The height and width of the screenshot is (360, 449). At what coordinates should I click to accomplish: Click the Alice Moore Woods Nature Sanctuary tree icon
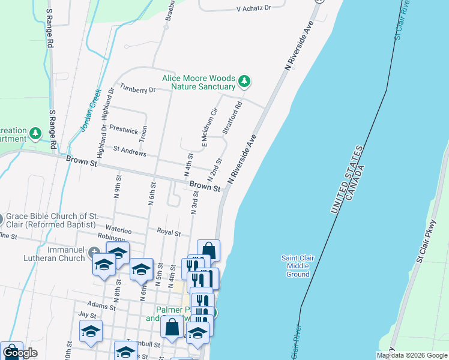coord(244,80)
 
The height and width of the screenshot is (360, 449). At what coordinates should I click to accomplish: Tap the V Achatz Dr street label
coord(254,8)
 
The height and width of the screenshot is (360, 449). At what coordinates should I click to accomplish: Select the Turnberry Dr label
coord(137,89)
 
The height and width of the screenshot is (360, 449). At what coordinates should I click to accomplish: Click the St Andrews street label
coord(130,153)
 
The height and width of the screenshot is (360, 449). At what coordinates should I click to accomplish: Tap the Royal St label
coord(169,232)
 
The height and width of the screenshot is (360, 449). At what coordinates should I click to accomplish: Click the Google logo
coord(20,353)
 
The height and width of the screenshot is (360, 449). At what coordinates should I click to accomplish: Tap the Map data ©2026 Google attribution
coord(412,355)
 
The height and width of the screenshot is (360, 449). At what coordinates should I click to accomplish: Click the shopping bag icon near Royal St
coord(208,250)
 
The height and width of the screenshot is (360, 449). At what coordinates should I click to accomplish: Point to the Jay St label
coord(87,314)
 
